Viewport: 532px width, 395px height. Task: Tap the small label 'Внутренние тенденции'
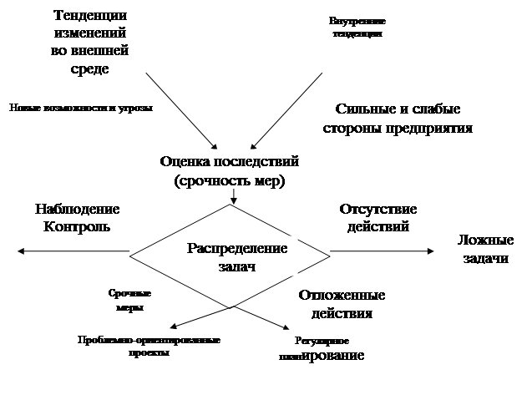(x=357, y=27)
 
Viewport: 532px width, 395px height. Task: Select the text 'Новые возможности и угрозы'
(x=82, y=108)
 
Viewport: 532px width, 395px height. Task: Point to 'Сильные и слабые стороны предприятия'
(x=398, y=119)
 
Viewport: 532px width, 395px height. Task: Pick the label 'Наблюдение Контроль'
(x=76, y=217)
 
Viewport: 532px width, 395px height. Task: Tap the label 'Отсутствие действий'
(x=378, y=217)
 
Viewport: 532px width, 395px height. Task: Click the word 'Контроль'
(x=76, y=225)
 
